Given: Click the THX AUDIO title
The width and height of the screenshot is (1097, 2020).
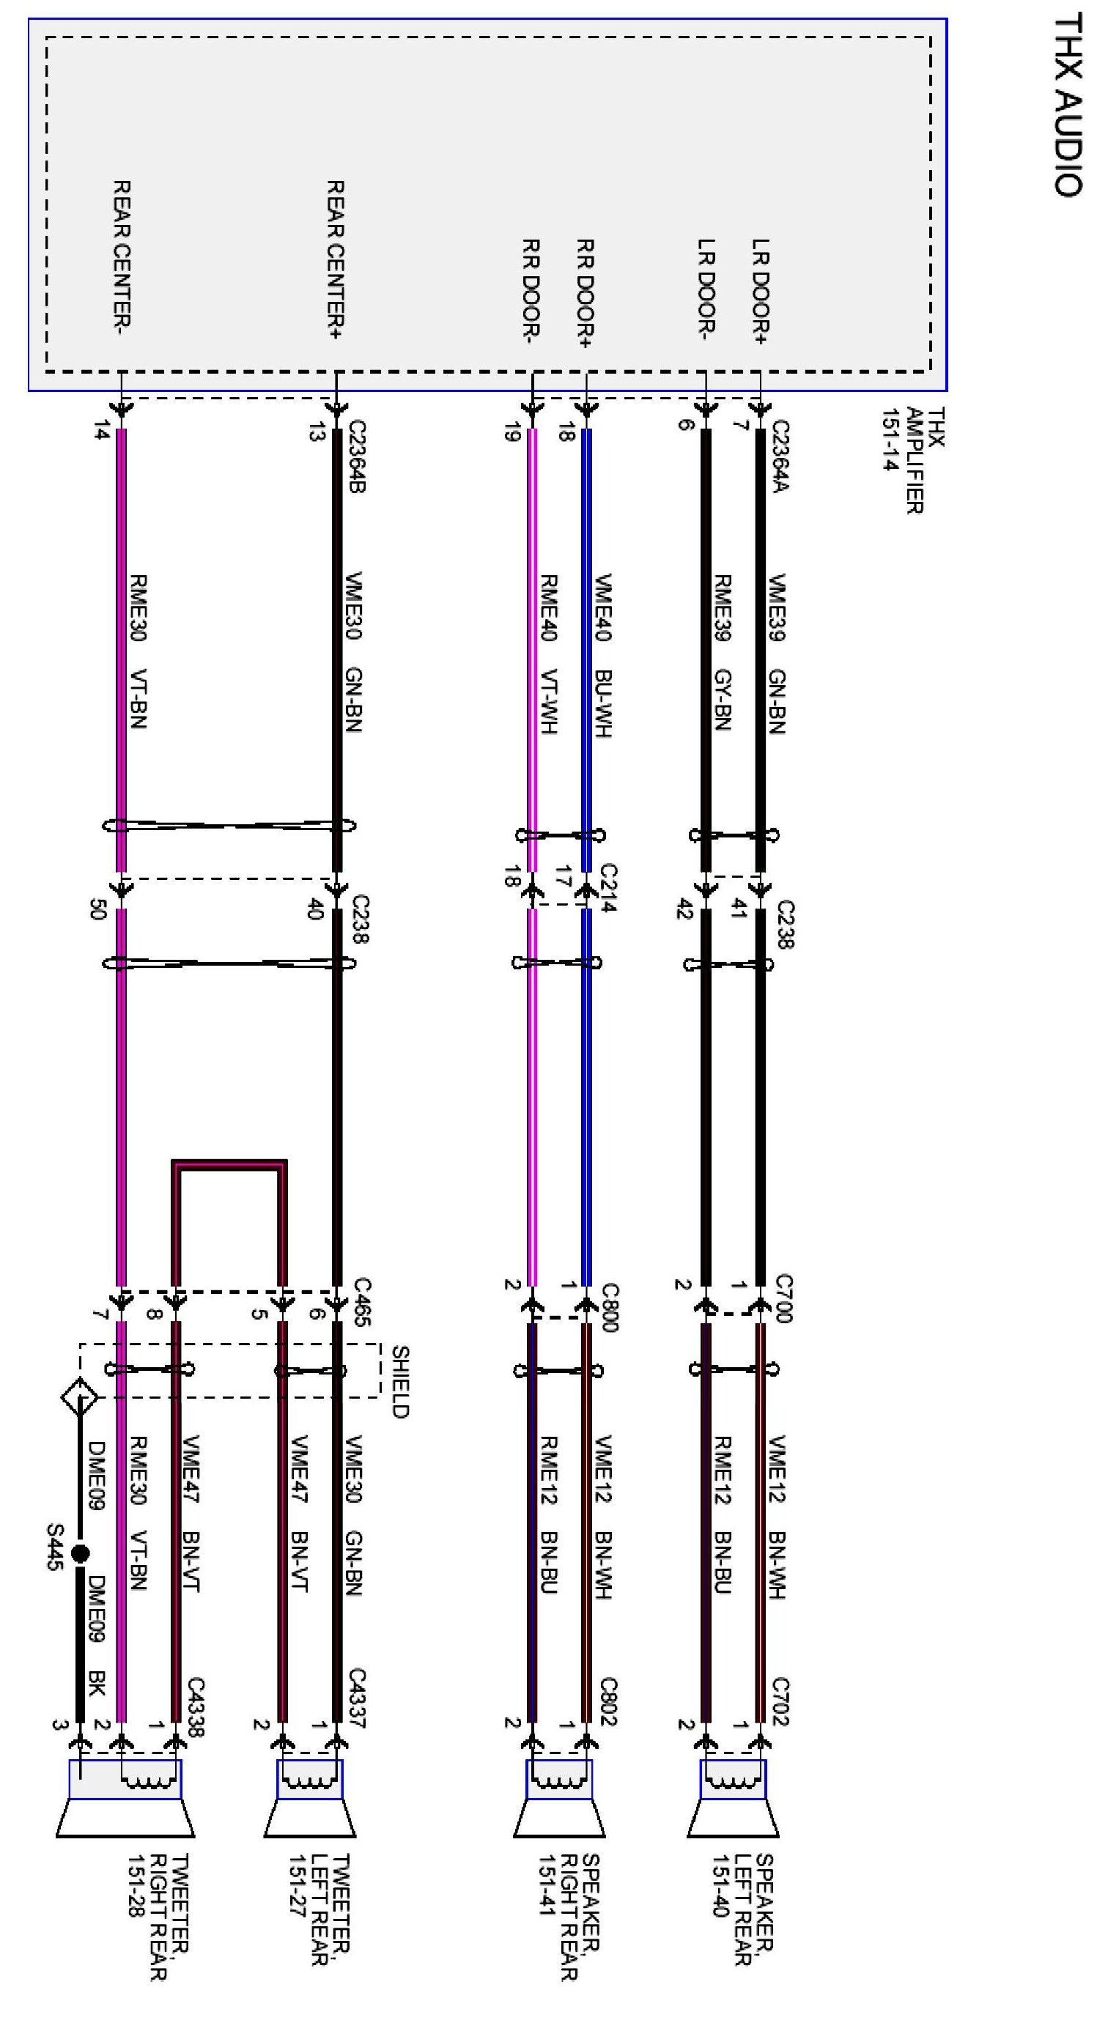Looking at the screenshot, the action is (x=1067, y=106).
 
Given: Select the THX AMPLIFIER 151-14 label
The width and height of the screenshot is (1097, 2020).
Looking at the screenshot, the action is (x=914, y=460).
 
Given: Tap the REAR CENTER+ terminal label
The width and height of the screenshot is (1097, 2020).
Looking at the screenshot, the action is (x=335, y=259).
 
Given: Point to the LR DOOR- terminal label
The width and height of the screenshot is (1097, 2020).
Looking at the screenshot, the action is (x=705, y=289).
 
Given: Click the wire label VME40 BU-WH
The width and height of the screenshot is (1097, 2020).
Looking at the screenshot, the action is (x=602, y=656).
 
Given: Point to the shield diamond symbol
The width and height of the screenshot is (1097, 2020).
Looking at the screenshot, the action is (x=80, y=1396).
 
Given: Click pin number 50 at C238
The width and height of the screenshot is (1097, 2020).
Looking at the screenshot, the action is (x=98, y=911).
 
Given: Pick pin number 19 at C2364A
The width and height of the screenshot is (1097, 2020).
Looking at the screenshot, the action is (x=512, y=432).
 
